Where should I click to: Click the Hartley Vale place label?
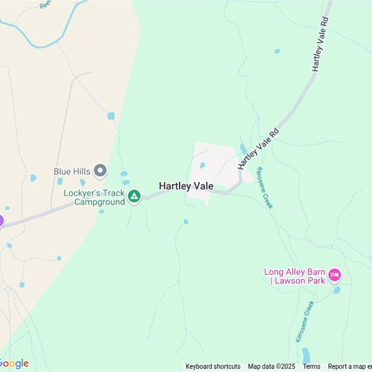pos(186,186)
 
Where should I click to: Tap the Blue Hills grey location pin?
pos(100,171)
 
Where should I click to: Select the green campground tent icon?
pos(134,196)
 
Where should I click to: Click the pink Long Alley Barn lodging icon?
pos(334,275)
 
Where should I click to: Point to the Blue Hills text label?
pos(72,172)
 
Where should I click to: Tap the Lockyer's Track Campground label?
pos(94,198)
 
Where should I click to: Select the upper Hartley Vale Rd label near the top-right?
pos(321,44)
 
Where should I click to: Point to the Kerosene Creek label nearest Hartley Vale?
pos(265,188)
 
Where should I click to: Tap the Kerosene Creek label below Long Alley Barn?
pos(305,321)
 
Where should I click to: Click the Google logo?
pos(15,364)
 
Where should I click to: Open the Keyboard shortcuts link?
pos(213,366)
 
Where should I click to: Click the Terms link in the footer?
pos(312,366)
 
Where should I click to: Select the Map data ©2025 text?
pos(272,366)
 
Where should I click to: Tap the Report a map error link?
pos(350,366)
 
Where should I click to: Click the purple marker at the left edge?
pos(1,221)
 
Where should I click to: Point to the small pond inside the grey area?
pos(202,165)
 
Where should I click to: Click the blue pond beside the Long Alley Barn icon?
pos(337,290)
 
